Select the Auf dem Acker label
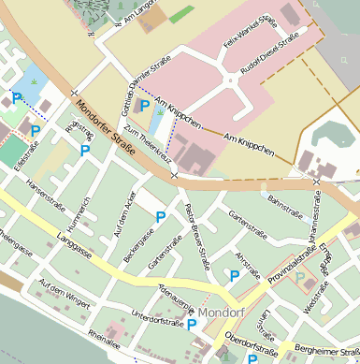(x=124, y=211)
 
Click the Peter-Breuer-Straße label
(x=196, y=237)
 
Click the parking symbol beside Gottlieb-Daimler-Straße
(x=145, y=106)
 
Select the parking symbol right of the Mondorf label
(x=252, y=358)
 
